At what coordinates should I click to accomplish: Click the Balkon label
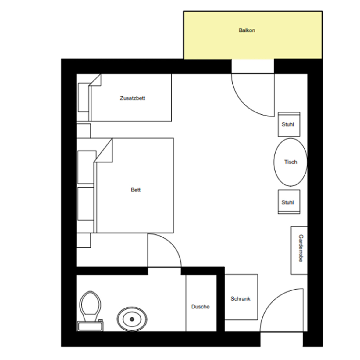[247, 30]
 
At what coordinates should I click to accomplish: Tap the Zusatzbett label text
[133, 98]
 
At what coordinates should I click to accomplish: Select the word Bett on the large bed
[136, 190]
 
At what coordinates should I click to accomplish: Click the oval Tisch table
[290, 162]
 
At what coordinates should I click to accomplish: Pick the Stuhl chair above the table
[289, 124]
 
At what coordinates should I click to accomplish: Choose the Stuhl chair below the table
[289, 202]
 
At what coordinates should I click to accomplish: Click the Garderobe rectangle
[299, 250]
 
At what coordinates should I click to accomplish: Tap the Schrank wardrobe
[241, 297]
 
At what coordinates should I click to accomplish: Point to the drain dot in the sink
[132, 319]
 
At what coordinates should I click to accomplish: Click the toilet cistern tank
[90, 326]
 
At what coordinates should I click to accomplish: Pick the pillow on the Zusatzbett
[84, 98]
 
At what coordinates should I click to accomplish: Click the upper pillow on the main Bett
[87, 167]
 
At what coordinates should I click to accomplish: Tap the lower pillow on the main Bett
[86, 204]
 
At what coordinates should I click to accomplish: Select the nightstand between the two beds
[84, 131]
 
